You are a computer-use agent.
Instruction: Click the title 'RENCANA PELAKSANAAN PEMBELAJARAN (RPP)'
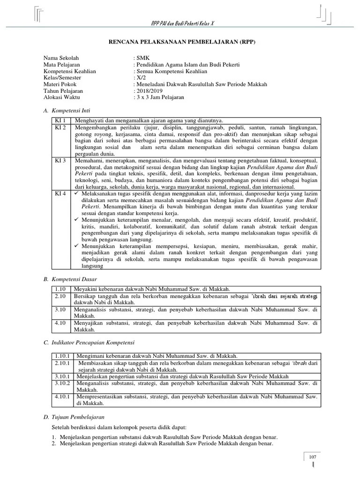coord(180,42)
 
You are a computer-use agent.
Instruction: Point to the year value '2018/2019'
coord(149,90)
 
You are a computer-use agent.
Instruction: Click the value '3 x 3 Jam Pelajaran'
coord(159,97)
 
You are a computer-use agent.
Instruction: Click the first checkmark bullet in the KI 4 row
coord(77,193)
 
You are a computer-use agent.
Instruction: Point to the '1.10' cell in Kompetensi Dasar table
coord(61,289)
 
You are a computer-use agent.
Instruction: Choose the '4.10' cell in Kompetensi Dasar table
coord(61,323)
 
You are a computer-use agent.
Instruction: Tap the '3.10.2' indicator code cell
coord(62,383)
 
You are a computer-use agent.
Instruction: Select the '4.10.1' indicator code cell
coord(62,396)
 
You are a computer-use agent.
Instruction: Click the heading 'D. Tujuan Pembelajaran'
coord(74,417)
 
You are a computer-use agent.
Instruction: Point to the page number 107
coord(313,457)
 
